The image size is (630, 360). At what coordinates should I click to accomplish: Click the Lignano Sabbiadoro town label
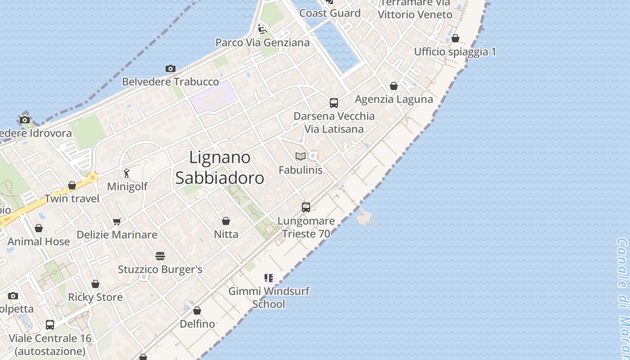[220, 168]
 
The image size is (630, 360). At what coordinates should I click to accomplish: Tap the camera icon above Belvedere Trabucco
[170, 69]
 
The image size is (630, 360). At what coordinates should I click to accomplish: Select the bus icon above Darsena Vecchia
[333, 103]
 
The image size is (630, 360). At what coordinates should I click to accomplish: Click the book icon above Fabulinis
[300, 157]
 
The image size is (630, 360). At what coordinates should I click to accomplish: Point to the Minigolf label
[127, 186]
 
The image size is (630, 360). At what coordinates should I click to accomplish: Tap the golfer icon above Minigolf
[126, 173]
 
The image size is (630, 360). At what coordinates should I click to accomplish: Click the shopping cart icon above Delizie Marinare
[117, 221]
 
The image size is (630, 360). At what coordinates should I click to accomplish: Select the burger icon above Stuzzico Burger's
[160, 256]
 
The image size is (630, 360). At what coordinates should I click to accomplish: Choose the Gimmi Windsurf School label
[269, 297]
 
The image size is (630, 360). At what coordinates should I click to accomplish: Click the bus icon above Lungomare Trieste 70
[306, 207]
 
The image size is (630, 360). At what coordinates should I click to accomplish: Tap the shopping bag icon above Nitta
[226, 221]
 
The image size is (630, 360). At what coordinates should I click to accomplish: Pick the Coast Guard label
[330, 13]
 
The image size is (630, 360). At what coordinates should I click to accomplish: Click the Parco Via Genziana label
[262, 43]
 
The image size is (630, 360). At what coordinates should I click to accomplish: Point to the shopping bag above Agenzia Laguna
[394, 86]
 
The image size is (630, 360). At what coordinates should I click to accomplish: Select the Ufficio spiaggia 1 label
[455, 52]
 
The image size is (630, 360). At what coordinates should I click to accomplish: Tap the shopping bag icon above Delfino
[197, 310]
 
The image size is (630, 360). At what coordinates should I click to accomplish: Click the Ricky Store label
[95, 297]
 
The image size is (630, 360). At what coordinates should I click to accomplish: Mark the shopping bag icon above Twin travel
[72, 185]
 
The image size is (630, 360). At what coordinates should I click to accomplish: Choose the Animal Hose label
[39, 242]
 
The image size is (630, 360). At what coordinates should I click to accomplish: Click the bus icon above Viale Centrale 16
[50, 325]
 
